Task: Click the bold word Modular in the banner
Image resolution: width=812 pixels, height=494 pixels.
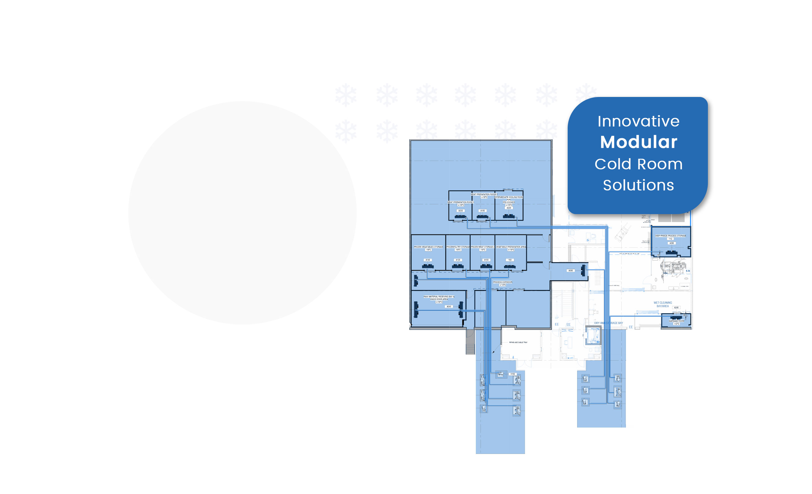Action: tap(638, 142)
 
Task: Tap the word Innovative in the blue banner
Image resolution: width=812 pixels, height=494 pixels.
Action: tap(638, 121)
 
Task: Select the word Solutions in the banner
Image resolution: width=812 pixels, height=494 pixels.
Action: tap(638, 185)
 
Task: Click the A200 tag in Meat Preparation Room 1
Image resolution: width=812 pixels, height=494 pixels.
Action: tap(461, 211)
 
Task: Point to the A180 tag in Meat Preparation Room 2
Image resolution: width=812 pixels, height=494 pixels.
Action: tap(483, 211)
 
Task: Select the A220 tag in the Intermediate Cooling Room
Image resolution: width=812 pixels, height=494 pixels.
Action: tap(509, 208)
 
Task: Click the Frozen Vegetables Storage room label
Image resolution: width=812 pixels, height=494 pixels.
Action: tap(428, 247)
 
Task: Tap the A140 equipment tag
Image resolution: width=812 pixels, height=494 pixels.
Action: tap(428, 260)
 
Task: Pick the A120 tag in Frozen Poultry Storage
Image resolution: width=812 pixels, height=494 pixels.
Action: tap(458, 260)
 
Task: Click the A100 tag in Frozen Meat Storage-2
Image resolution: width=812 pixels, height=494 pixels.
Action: tap(486, 260)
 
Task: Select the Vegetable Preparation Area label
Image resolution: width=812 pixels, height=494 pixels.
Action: tap(511, 247)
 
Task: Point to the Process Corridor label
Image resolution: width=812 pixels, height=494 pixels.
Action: tap(502, 282)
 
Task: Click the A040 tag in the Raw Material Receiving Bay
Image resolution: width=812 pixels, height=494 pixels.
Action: tap(449, 306)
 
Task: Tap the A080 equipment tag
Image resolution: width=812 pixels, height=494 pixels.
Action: tap(571, 270)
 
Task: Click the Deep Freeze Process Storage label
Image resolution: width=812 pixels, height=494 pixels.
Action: tap(670, 236)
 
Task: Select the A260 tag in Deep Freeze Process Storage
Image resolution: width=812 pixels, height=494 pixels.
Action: tap(671, 243)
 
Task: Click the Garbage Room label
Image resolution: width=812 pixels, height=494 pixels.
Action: tap(676, 321)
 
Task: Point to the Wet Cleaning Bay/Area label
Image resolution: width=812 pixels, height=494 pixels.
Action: tap(663, 304)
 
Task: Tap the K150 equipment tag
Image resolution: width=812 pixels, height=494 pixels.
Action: tap(513, 374)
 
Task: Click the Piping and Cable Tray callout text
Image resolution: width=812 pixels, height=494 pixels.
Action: tap(518, 342)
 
